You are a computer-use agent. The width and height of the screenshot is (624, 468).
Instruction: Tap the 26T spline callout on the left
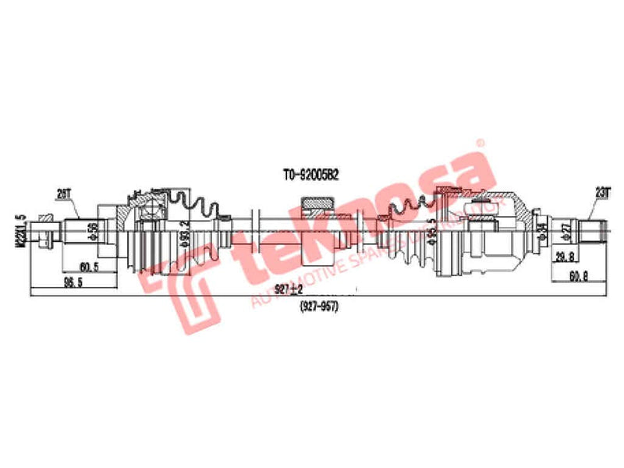65,191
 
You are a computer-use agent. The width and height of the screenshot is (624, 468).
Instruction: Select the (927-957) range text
317,305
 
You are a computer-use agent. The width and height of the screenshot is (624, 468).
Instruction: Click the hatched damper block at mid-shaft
319,205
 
